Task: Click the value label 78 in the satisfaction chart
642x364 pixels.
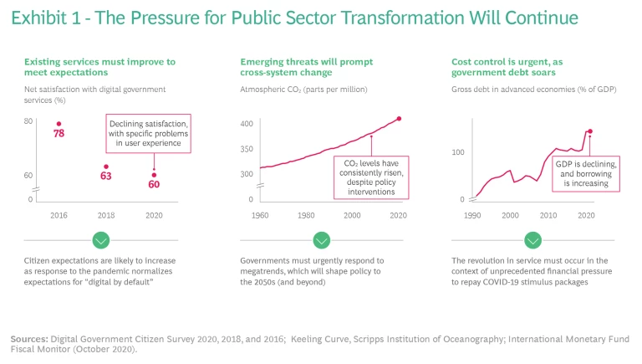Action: coord(59,133)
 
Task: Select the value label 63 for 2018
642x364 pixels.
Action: coord(106,176)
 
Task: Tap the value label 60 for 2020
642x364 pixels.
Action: coord(154,184)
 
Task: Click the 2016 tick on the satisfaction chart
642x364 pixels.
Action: coord(59,215)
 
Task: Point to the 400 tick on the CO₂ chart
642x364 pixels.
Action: coord(247,123)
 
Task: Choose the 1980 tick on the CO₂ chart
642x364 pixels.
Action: coord(306,215)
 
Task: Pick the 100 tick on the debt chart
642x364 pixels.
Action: coord(458,152)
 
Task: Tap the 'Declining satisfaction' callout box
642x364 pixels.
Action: coord(148,133)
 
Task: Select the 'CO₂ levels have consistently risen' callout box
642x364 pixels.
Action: coord(369,177)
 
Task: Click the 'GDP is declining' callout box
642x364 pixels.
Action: coord(585,173)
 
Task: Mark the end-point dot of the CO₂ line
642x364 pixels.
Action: coord(399,119)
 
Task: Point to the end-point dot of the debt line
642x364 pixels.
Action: coord(589,131)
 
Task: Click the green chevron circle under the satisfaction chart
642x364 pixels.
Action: coord(101,241)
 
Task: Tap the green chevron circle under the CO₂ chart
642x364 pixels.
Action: coord(322,241)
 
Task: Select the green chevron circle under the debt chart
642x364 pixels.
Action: coord(534,241)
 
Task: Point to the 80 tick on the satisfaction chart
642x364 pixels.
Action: coord(28,121)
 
